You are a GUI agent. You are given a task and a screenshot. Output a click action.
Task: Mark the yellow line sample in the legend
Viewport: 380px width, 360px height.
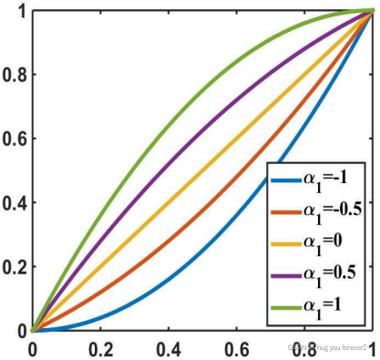point(288,244)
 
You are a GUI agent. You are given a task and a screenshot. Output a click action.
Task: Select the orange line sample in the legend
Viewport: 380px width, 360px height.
point(288,211)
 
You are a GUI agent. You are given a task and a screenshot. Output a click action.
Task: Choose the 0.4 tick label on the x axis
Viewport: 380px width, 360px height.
point(168,348)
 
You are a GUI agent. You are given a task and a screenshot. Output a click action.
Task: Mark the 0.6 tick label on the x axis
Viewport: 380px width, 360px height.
point(236,348)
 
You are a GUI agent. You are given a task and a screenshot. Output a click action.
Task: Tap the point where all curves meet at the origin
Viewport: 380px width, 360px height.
point(32,331)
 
